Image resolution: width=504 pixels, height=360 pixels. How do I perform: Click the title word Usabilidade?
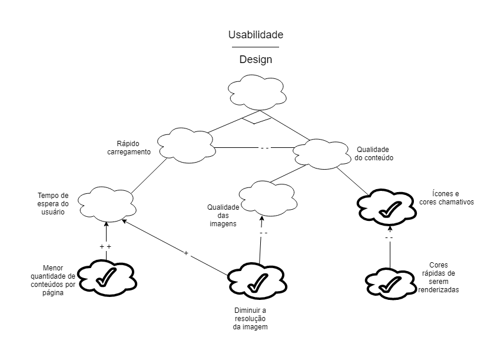click(256, 35)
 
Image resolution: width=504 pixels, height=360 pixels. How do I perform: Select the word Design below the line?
click(256, 60)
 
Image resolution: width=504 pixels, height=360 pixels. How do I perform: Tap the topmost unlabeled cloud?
click(257, 93)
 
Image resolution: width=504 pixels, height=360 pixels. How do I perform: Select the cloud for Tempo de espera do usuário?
click(107, 204)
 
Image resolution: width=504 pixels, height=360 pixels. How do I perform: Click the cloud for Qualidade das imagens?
click(268, 199)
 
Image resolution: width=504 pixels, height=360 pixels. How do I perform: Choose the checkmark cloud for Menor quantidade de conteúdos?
click(107, 278)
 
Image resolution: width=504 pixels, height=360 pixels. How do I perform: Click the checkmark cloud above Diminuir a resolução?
click(257, 281)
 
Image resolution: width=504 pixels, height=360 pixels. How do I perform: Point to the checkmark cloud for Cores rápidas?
click(390, 284)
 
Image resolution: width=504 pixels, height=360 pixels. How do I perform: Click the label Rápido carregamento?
click(129, 148)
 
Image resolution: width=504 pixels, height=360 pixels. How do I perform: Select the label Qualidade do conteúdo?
click(374, 154)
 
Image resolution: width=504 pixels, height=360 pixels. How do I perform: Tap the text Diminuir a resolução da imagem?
click(250, 319)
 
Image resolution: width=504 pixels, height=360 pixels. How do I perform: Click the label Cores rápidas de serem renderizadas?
click(439, 278)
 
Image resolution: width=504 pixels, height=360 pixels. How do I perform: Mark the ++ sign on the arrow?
click(105, 247)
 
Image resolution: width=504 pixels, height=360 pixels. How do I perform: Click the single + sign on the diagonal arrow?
click(186, 253)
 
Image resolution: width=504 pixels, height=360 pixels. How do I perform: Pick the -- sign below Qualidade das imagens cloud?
click(264, 233)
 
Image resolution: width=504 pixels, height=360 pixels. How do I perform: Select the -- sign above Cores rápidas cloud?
click(389, 238)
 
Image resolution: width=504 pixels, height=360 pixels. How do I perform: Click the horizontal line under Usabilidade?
click(256, 47)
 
